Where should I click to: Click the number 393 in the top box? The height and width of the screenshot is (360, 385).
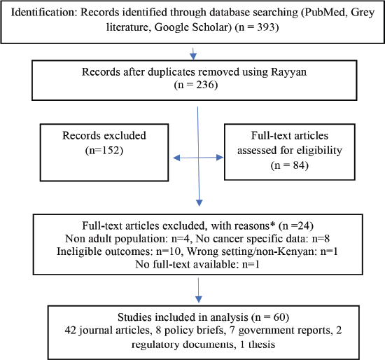click(265, 27)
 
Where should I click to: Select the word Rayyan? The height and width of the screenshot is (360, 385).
click(288, 72)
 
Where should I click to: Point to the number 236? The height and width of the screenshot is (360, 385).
click(204, 85)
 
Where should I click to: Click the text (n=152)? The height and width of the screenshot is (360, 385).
click(104, 150)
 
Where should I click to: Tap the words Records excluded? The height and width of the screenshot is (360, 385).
click(104, 135)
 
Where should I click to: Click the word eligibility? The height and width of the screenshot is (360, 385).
click(319, 151)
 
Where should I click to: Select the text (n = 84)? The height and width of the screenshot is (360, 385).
click(290, 165)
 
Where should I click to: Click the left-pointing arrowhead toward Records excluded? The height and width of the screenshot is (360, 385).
click(176, 158)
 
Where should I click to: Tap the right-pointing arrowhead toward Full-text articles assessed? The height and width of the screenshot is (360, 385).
click(220, 158)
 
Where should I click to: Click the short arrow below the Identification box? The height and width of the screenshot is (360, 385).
click(193, 53)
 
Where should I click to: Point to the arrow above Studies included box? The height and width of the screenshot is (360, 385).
click(198, 291)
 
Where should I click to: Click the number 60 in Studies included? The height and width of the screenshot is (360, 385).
click(279, 317)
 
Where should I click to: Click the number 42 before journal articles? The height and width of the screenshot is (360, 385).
click(71, 330)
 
